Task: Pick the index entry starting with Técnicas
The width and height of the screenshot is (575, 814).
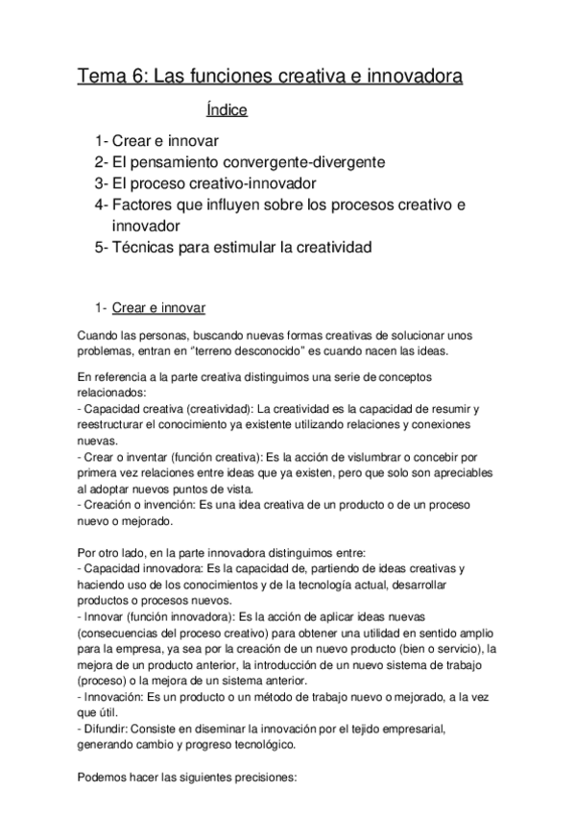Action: [x=232, y=247]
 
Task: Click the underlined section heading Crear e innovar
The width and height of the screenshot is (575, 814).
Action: [x=158, y=308]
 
